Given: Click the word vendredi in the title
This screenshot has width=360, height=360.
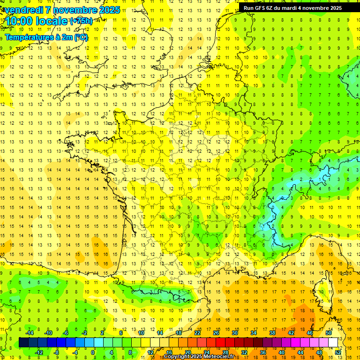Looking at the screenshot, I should coord(23,10).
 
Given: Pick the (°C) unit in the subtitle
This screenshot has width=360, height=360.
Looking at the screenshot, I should coord(81,37).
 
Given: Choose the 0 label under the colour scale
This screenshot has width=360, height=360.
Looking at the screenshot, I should coord(93,352).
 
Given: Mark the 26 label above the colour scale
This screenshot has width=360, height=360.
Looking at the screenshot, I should coord(216,333).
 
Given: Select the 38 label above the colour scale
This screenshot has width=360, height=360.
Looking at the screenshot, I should coord(272,333).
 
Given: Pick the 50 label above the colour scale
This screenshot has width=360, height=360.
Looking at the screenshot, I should coord(329,333).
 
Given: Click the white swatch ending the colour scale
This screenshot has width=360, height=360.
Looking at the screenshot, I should coord(333,343).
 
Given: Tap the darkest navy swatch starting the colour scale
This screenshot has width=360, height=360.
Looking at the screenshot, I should coord(23,343).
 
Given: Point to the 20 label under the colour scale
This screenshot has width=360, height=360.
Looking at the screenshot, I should coord(188,352).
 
